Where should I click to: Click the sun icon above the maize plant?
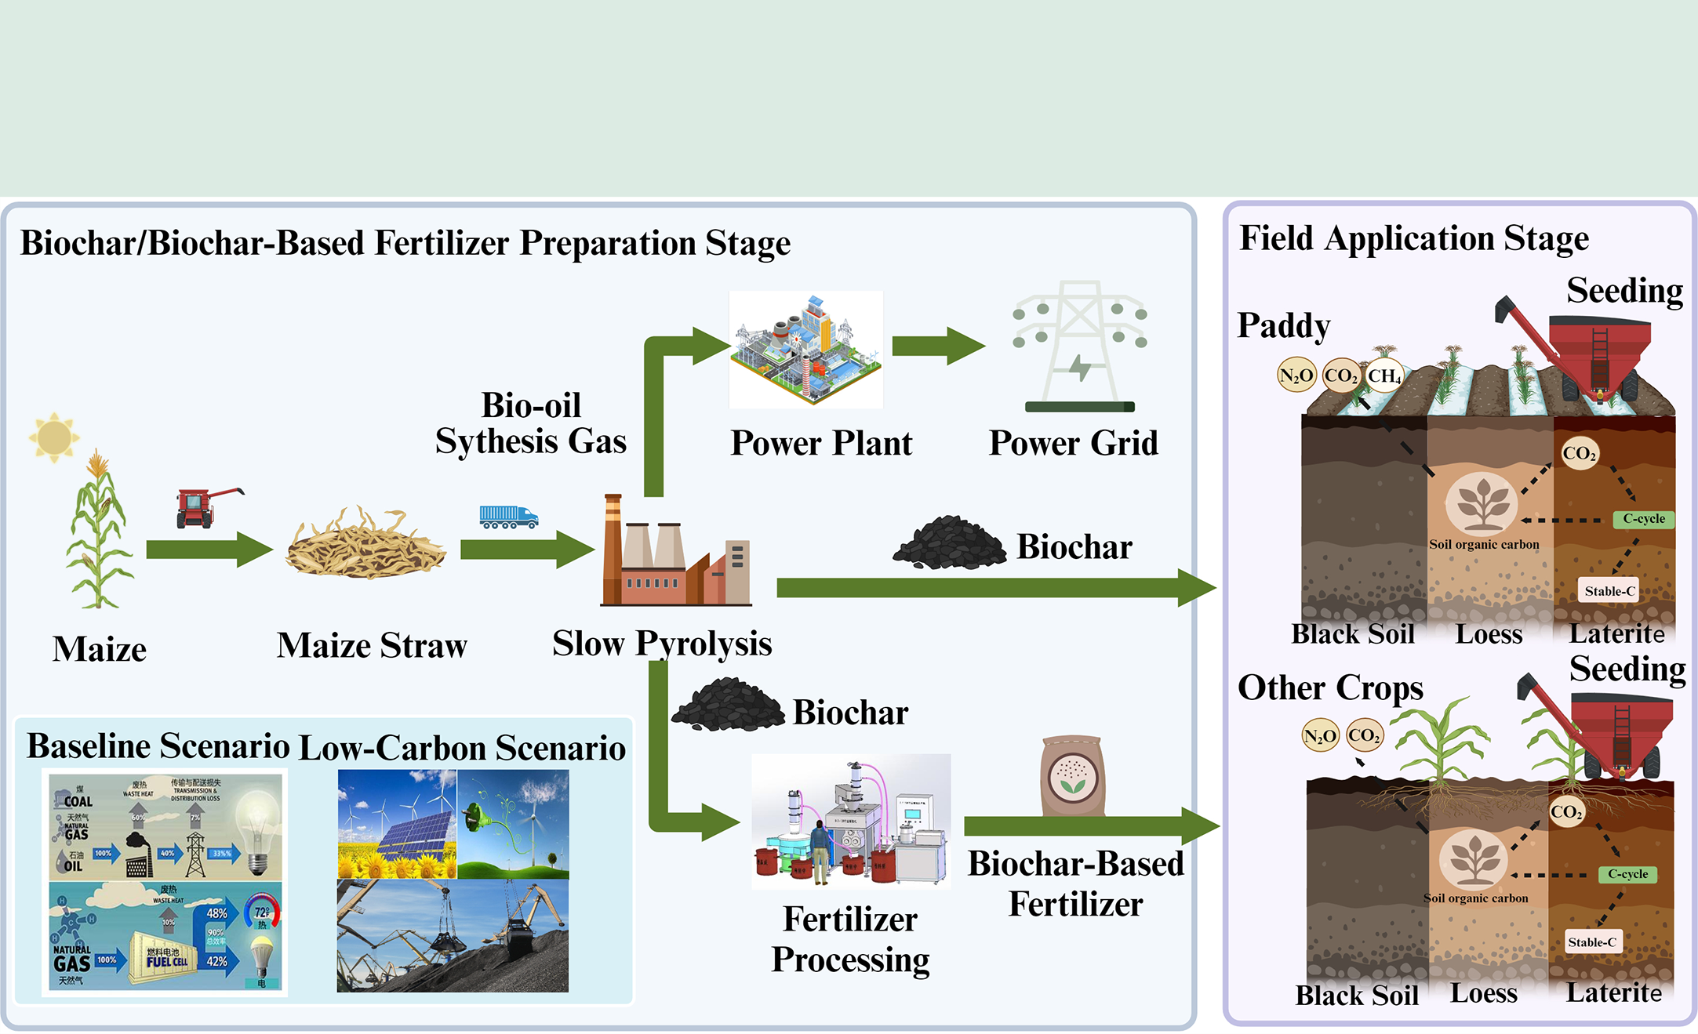tap(53, 437)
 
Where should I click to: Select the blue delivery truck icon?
tap(508, 517)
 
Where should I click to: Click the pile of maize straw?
tap(365, 545)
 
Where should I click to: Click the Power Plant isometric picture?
tap(806, 350)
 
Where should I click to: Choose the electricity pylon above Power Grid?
tap(1079, 345)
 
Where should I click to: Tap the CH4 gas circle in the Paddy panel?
tap(1383, 376)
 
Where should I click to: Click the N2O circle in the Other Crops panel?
tap(1320, 736)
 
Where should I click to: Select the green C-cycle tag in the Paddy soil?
tap(1643, 519)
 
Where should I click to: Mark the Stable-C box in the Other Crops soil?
tap(1591, 942)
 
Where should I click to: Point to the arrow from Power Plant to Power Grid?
tap(938, 346)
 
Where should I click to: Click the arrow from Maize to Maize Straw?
tap(209, 550)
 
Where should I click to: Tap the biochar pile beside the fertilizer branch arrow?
tap(728, 706)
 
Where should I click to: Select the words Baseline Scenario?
tap(158, 746)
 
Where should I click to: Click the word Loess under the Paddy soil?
tap(1489, 634)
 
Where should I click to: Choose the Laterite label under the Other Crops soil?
tap(1613, 993)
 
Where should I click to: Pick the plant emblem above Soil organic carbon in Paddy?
tap(1482, 504)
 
